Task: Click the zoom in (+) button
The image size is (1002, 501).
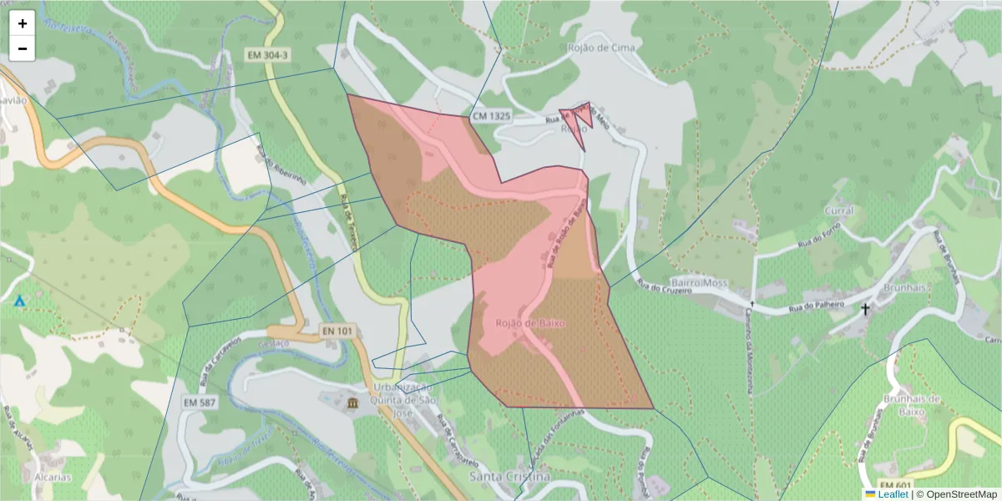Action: (x=23, y=23)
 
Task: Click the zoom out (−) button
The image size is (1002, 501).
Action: (x=23, y=48)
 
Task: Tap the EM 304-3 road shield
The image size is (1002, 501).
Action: (x=268, y=55)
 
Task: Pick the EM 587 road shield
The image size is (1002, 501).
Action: (x=200, y=402)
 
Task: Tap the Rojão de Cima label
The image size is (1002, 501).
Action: (x=600, y=48)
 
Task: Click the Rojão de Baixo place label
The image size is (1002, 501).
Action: (x=530, y=322)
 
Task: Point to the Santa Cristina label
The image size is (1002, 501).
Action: (x=509, y=476)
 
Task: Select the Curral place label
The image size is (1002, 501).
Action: (x=838, y=210)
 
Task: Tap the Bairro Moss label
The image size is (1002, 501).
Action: (x=700, y=283)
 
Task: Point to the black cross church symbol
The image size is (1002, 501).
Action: (x=865, y=310)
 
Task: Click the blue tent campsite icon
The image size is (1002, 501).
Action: (x=19, y=300)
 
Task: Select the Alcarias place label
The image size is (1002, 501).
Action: (x=53, y=478)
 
